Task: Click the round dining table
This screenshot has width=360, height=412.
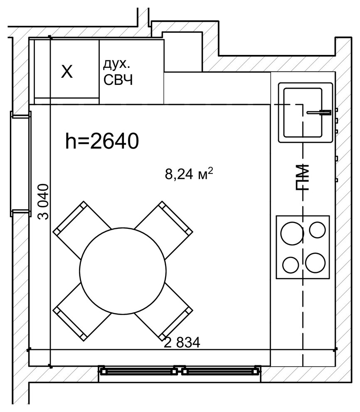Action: coord(123,271)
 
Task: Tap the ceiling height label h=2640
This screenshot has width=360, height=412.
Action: coord(102,141)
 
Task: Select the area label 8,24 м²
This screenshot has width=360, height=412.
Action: coord(189,174)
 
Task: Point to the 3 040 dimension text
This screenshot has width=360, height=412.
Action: coord(43,201)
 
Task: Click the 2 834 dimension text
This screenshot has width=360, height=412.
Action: coord(182,343)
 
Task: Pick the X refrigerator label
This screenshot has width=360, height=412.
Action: coord(67,72)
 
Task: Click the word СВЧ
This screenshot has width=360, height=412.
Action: coord(118,80)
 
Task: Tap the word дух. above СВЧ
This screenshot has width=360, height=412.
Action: coord(116,65)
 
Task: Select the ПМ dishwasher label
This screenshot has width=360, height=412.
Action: coord(302,177)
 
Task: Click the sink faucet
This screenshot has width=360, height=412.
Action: coord(319,112)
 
